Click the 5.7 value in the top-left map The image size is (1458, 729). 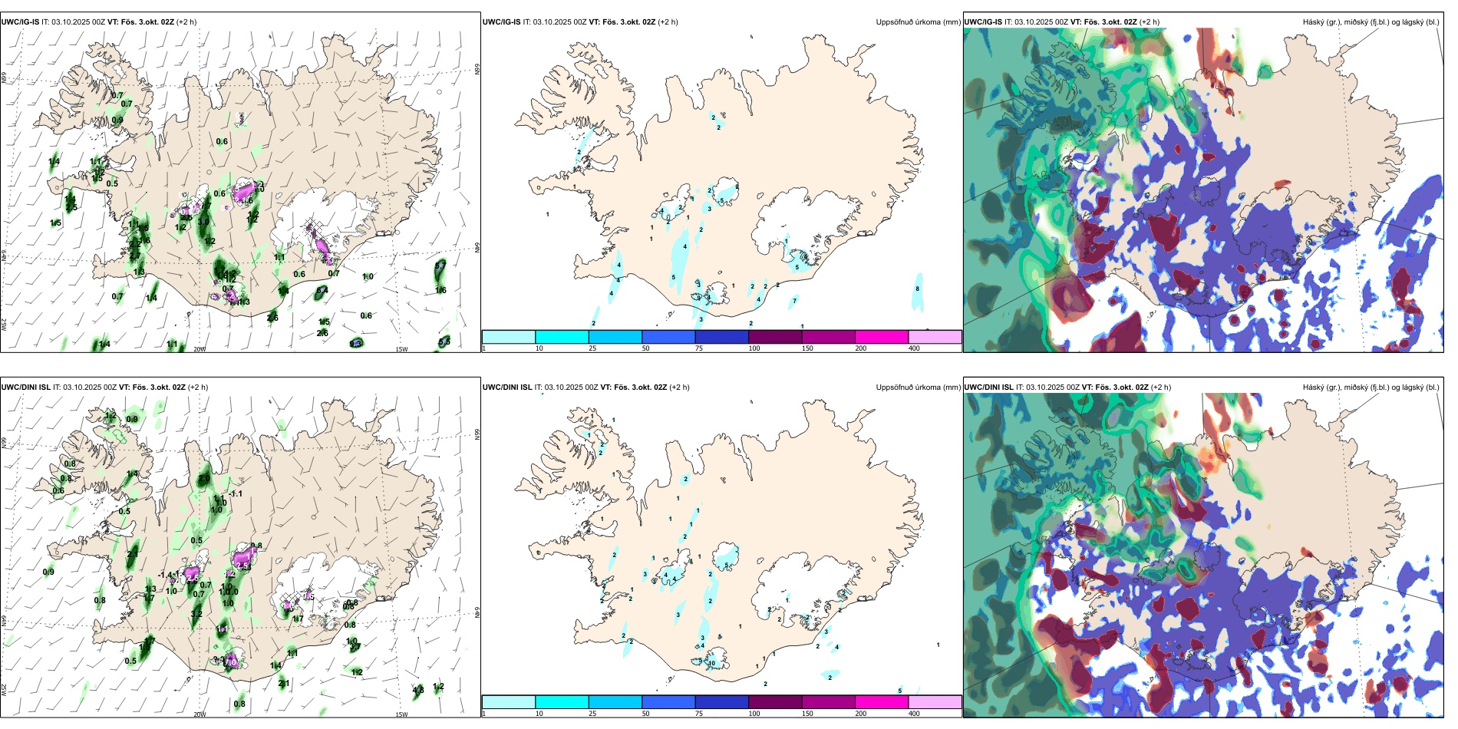pos(440,266)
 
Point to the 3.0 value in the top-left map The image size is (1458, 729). pos(203,223)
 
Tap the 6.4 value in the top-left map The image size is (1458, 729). pos(322,290)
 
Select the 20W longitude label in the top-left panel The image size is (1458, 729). pos(200,349)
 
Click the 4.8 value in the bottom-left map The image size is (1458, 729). pos(418,691)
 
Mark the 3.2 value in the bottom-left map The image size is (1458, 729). pos(196,614)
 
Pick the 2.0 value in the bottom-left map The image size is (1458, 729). pos(203,480)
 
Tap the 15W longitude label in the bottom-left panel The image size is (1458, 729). pos(401,714)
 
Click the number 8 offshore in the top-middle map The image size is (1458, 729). pos(917,289)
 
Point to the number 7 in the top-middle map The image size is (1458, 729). pos(794,300)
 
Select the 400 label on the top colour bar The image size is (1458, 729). pos(914,348)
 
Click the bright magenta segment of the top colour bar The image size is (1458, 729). pos(881,337)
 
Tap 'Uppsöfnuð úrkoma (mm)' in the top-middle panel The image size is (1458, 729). pos(918,22)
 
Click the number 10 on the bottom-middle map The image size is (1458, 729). pos(712,663)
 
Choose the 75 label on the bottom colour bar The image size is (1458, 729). pos(699,714)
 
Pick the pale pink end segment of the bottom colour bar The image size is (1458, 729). pos(935,702)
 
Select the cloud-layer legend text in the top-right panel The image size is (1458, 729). pos(1371,22)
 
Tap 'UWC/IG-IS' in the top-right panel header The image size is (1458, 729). pos(982,22)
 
